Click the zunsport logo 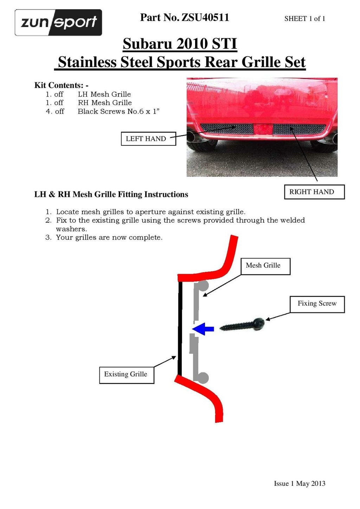tap(58, 22)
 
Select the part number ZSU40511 tap(185, 17)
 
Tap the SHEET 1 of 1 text tap(304, 19)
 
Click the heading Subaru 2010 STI tap(180, 44)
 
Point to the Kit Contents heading tap(61, 85)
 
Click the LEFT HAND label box tap(148, 138)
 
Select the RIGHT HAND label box tap(314, 192)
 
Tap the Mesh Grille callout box tap(265, 266)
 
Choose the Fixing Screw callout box tap(317, 304)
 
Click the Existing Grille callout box tap(127, 374)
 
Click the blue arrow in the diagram tap(204, 329)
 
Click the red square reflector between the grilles tap(263, 129)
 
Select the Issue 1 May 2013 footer tap(300, 484)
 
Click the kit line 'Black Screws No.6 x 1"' tap(118, 112)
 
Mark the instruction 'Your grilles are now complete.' tap(109, 237)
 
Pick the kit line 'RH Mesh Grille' tap(105, 103)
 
